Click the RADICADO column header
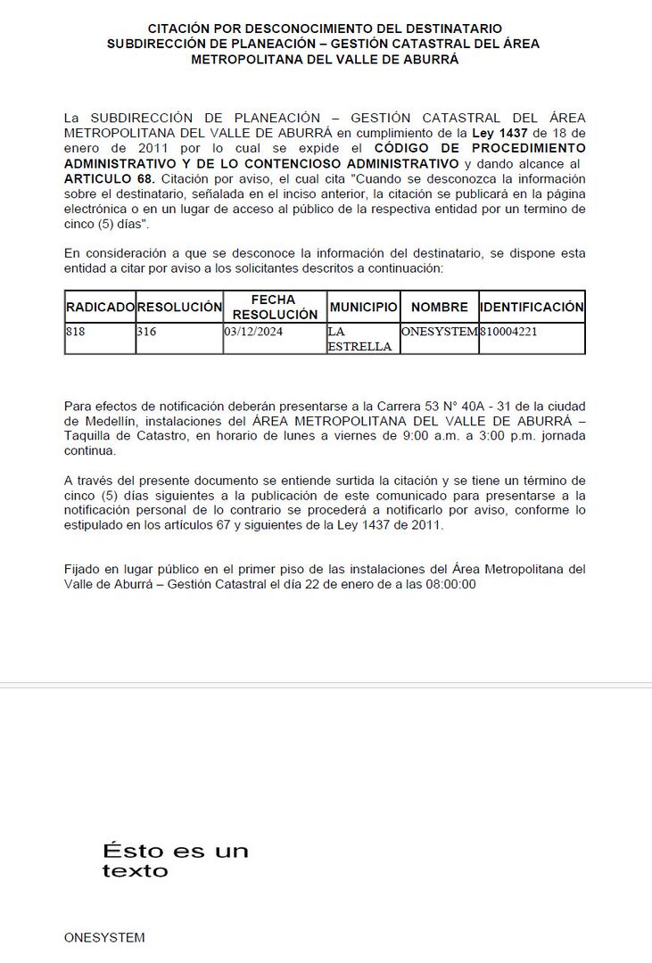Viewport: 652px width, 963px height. click(100, 307)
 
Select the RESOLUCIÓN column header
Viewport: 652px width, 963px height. click(179, 307)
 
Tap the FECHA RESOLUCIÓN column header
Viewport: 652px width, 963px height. click(275, 307)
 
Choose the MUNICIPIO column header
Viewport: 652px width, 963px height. click(363, 307)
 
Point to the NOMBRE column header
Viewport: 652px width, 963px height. click(439, 307)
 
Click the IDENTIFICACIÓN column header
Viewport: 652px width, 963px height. click(532, 307)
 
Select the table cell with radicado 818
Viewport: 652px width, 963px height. click(75, 332)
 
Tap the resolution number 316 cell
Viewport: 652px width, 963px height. click(146, 332)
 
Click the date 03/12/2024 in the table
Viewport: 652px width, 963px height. click(253, 332)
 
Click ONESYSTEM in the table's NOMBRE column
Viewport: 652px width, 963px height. click(439, 332)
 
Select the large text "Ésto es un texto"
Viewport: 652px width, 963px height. click(175, 860)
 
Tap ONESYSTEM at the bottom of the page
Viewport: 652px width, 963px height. click(104, 937)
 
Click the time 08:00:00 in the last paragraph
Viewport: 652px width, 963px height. click(449, 584)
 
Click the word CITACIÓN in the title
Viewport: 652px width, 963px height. click(183, 29)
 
